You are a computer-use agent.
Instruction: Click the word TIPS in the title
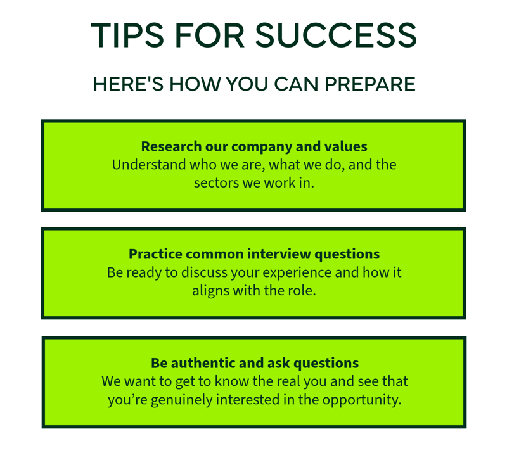[x=127, y=35]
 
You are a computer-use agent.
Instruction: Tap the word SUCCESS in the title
[x=336, y=35]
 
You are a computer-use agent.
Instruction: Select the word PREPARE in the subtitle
[x=370, y=84]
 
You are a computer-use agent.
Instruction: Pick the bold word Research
[x=171, y=146]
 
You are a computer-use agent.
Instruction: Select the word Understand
[x=149, y=165]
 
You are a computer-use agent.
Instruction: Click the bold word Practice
[x=155, y=254]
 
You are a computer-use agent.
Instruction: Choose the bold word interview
[x=279, y=254]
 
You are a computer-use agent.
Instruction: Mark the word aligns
[x=211, y=291]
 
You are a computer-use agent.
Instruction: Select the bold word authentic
[x=203, y=363]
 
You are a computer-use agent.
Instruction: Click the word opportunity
[x=362, y=400]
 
